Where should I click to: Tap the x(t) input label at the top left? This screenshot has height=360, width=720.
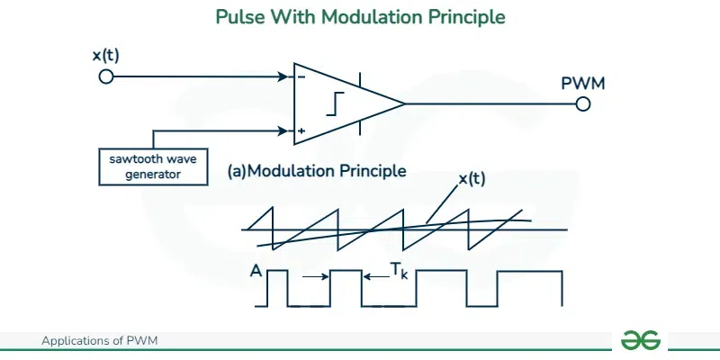click(x=105, y=56)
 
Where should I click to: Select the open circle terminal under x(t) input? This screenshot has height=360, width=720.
click(x=106, y=76)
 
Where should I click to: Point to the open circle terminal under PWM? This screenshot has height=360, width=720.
click(x=583, y=103)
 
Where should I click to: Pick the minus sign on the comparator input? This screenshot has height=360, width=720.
click(x=301, y=76)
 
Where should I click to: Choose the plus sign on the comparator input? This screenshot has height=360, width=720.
click(x=301, y=131)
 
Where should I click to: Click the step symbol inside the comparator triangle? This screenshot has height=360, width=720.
click(x=335, y=104)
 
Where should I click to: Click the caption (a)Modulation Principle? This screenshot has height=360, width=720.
click(x=317, y=169)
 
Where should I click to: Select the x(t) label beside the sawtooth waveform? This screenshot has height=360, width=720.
click(x=472, y=179)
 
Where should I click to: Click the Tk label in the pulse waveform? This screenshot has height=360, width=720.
click(x=400, y=269)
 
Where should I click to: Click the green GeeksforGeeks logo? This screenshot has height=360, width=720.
click(x=641, y=340)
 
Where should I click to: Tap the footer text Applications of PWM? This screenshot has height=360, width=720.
click(x=100, y=341)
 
